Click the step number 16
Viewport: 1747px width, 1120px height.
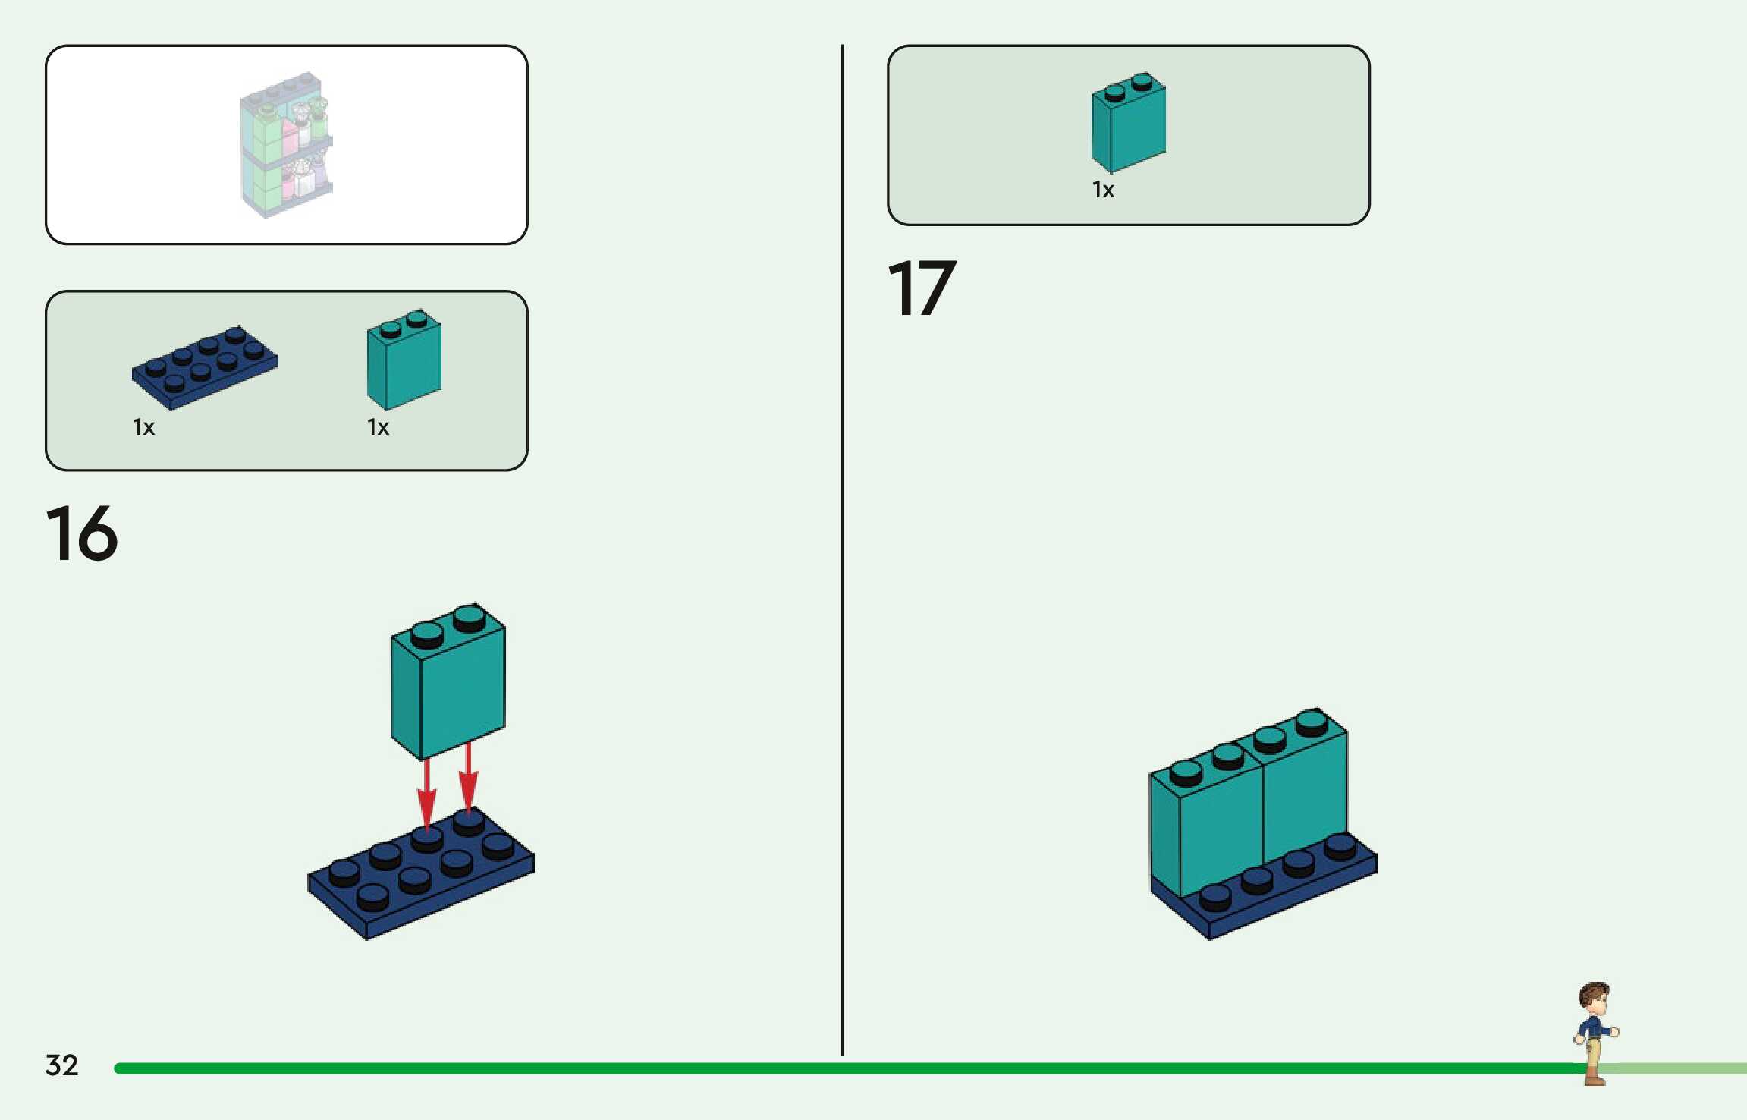click(82, 533)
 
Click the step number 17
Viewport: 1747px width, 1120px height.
click(922, 288)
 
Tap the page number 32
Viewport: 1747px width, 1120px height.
click(61, 1065)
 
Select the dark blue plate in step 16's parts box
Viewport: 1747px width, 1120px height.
click(204, 369)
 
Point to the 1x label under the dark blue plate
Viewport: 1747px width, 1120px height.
click(143, 427)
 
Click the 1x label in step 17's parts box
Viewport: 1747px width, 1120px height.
click(1103, 190)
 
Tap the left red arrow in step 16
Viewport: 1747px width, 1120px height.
click(427, 792)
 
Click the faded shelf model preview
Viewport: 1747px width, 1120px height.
click(287, 144)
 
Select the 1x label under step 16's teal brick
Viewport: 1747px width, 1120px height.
click(378, 427)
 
